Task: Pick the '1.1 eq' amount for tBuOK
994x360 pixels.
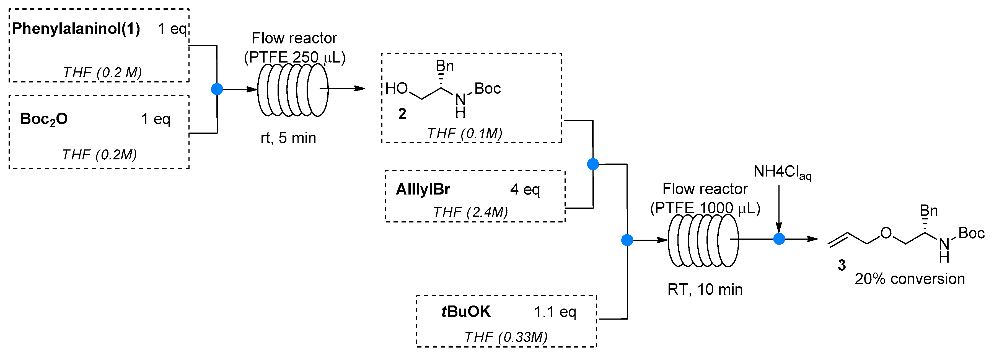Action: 555,312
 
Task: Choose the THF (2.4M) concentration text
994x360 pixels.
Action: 470,212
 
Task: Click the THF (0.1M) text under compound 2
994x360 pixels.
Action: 465,133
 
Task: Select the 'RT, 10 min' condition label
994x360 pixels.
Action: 705,289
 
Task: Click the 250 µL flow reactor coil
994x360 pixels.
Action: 292,90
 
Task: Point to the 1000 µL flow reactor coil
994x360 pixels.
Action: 703,240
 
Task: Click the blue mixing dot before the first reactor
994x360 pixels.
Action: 217,89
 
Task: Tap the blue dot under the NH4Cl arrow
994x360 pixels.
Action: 779,239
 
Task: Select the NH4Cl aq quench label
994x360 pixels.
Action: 782,172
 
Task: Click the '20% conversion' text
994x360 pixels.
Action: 910,279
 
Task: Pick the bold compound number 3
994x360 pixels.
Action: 842,265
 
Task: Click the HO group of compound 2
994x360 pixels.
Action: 396,89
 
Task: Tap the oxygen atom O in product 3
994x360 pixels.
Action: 886,233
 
